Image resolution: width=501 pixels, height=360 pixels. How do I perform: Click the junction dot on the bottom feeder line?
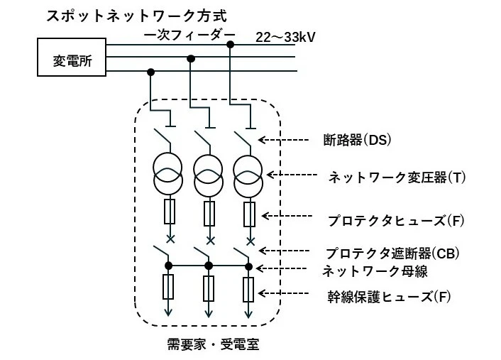pos(150,72)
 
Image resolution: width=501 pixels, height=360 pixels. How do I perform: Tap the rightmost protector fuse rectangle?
pos(249,213)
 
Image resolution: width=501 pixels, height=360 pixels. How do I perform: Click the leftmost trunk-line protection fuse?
pos(169,288)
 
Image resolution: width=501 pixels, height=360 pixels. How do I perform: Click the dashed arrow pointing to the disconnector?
pos(287,139)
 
